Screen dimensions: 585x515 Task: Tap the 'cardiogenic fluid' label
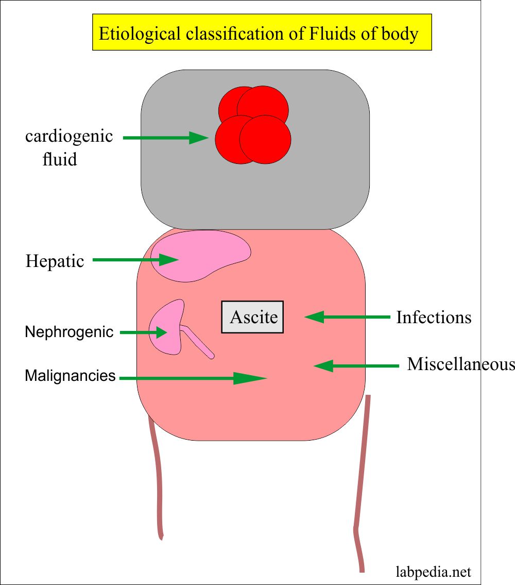tap(69, 147)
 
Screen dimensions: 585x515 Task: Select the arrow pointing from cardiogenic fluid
tap(165, 138)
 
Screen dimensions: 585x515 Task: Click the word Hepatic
tap(55, 261)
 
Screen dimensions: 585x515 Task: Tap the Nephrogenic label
tap(69, 332)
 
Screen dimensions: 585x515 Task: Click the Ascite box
tap(252, 317)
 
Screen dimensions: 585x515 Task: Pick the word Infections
tap(434, 317)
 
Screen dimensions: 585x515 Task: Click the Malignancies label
tap(70, 376)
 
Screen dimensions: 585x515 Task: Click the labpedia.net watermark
tap(433, 572)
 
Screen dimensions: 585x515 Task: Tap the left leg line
tap(157, 479)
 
